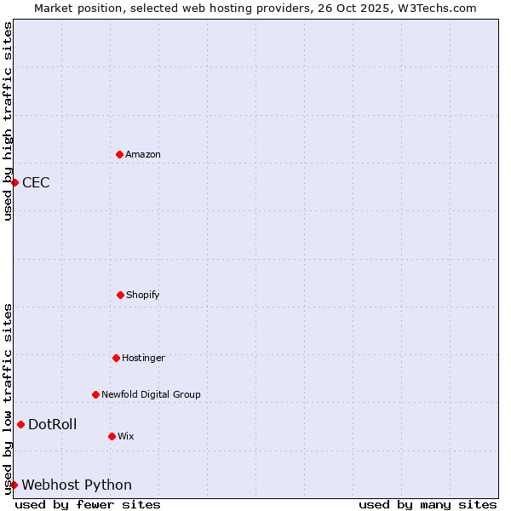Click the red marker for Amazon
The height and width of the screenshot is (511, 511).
click(x=119, y=154)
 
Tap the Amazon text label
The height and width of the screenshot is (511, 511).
click(x=143, y=155)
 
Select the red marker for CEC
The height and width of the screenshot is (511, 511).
click(x=14, y=182)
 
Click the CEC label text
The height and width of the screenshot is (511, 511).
click(x=36, y=182)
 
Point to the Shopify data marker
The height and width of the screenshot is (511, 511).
click(x=120, y=295)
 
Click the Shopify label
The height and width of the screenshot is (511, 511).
click(x=143, y=296)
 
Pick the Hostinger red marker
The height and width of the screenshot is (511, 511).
click(x=116, y=358)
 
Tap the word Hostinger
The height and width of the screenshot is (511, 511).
click(x=143, y=359)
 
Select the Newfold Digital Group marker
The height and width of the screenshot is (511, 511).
click(x=95, y=394)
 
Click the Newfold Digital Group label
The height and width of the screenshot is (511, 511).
click(x=151, y=395)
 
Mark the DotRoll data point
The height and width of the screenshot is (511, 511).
click(x=20, y=424)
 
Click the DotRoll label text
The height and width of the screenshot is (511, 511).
click(x=53, y=425)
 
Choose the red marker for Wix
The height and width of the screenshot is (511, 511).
click(x=112, y=436)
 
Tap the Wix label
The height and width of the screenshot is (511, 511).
click(x=126, y=437)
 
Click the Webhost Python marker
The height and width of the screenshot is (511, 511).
click(x=14, y=485)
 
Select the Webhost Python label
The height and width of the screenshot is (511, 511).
click(x=77, y=485)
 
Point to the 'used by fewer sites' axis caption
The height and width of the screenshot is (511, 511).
click(x=88, y=504)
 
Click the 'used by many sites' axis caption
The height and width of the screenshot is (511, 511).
click(x=428, y=504)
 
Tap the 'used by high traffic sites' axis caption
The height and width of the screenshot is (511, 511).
click(x=8, y=121)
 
